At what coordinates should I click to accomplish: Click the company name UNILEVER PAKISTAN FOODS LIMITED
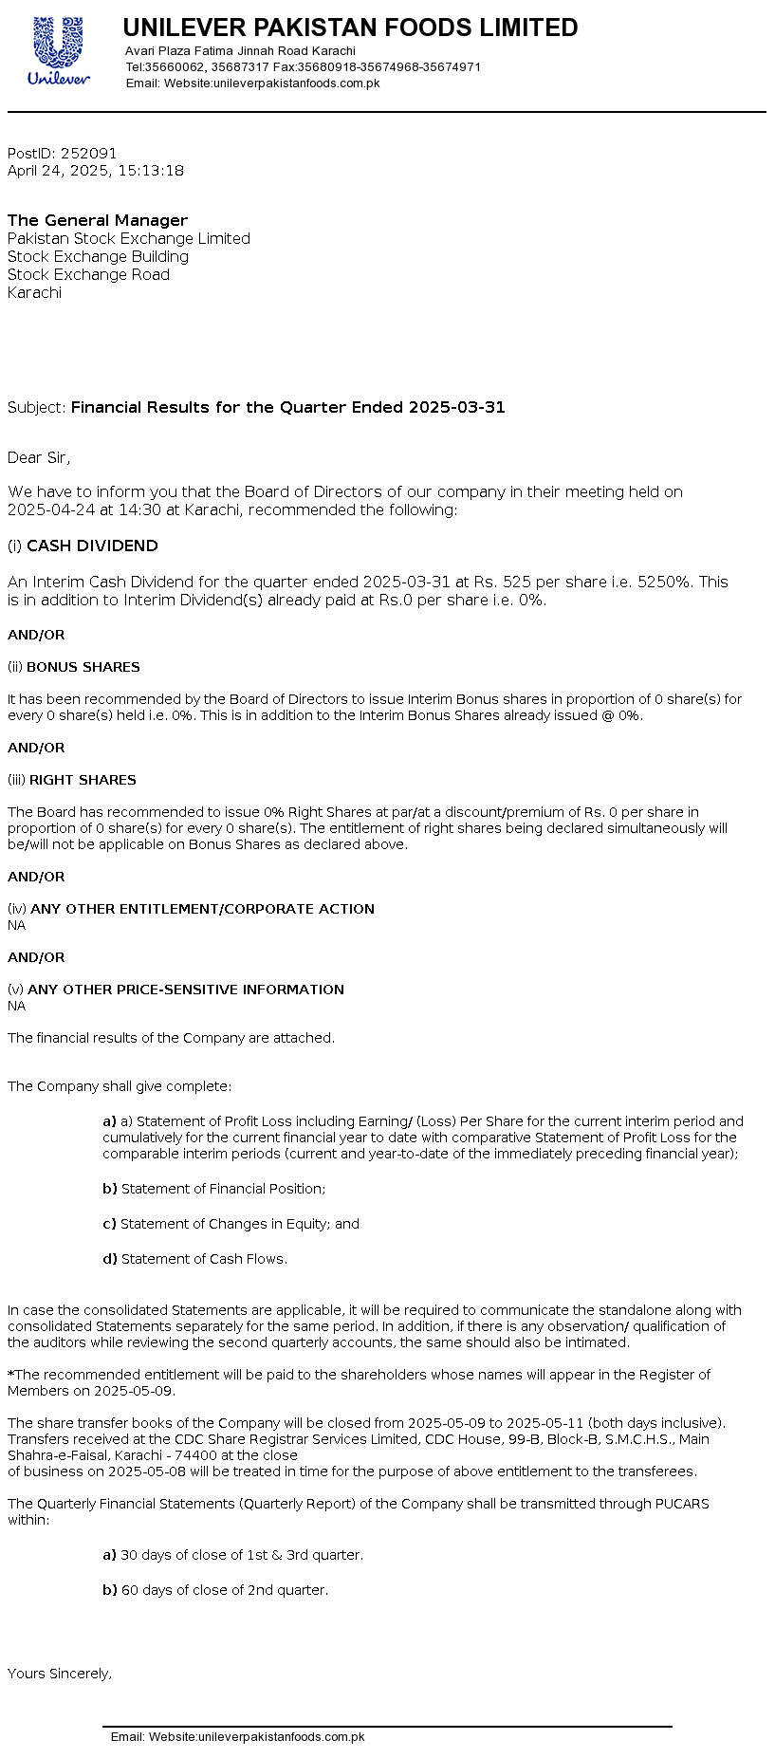tap(350, 28)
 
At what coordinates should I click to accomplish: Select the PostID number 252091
tap(89, 153)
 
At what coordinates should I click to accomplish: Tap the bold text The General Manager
tap(98, 220)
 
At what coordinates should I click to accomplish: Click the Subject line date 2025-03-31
tap(456, 407)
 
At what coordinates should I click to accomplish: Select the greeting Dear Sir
tap(38, 457)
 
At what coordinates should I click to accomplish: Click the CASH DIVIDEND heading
tap(92, 546)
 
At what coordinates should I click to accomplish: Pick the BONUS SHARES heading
tap(83, 667)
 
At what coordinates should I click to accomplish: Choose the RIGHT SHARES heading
tap(83, 780)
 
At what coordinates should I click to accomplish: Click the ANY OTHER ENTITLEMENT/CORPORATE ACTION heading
tap(202, 909)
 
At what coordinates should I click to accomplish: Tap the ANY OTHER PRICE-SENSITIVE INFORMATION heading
tap(186, 990)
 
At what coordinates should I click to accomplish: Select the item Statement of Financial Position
tap(223, 1189)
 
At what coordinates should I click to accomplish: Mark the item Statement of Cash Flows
tap(204, 1259)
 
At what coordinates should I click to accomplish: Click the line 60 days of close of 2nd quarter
tap(224, 1590)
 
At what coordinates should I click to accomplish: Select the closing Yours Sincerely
tap(60, 1674)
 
